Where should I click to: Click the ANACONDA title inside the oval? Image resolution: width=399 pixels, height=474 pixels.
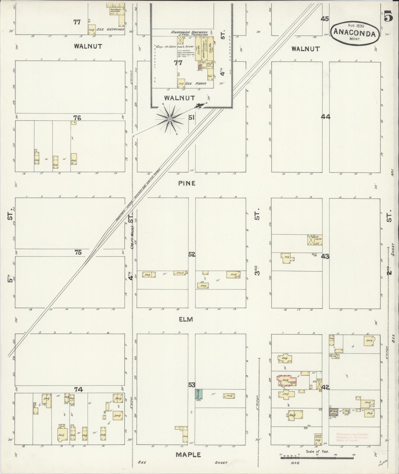[355, 33]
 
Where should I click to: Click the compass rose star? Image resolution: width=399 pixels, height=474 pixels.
[170, 119]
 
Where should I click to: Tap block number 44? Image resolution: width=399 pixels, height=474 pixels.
[326, 117]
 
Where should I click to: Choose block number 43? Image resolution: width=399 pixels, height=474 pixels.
[325, 256]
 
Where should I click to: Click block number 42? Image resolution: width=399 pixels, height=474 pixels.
[326, 387]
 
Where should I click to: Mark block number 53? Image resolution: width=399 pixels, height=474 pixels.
[192, 385]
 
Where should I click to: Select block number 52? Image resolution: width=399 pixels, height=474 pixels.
[192, 254]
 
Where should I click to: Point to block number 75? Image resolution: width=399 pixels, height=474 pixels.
[78, 252]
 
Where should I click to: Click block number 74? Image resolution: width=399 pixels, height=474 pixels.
[78, 389]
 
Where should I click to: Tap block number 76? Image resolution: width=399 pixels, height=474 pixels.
[77, 118]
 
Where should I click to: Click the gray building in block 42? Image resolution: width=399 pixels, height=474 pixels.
[332, 412]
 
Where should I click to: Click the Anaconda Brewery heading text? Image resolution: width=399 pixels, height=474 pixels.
[189, 33]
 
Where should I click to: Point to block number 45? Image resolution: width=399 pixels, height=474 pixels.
[325, 19]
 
